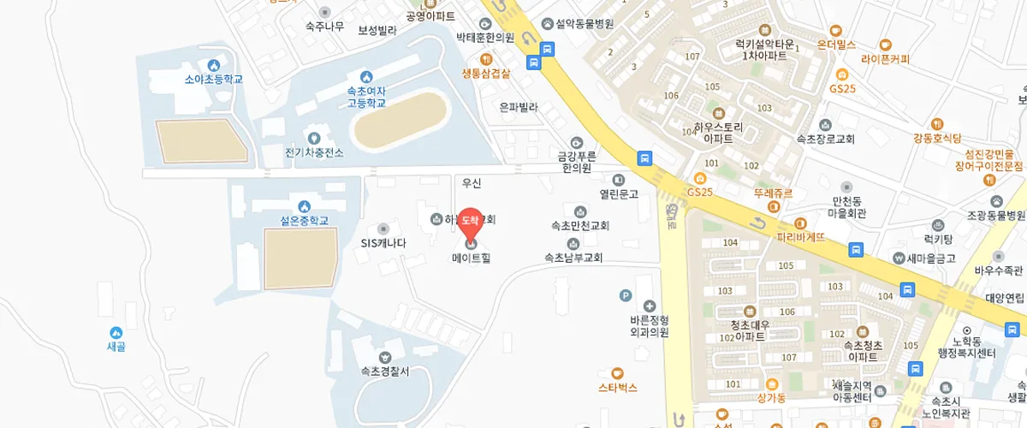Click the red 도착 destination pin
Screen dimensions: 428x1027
[x=470, y=222]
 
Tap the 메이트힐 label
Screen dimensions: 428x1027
[x=472, y=257]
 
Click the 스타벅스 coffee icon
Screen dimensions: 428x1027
[x=618, y=372]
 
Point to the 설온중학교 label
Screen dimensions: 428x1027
[x=304, y=220]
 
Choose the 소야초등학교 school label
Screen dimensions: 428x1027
[x=214, y=79]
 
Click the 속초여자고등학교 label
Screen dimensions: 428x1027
[x=366, y=96]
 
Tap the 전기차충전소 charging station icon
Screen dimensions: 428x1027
[x=313, y=138]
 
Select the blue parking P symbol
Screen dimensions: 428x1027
[x=626, y=296]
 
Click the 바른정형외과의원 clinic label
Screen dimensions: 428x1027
[x=649, y=325]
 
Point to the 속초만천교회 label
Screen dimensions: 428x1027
[x=580, y=226]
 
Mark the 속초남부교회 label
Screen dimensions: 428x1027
[x=573, y=257]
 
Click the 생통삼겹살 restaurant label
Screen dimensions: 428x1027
[x=485, y=73]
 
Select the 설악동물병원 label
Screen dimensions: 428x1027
[x=579, y=24]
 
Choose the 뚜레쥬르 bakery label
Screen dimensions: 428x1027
[x=774, y=193]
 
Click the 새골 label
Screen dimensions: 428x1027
[x=116, y=346]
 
